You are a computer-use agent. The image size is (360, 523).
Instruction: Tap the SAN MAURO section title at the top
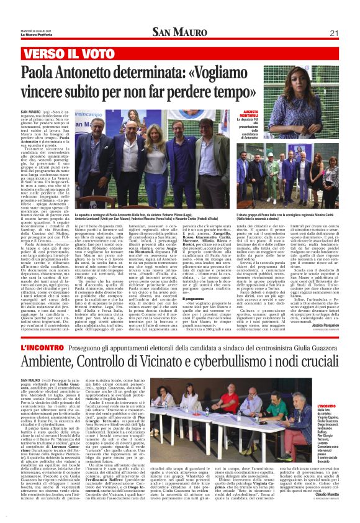180,33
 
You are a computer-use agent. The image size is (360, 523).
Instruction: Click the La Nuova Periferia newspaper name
30,34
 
